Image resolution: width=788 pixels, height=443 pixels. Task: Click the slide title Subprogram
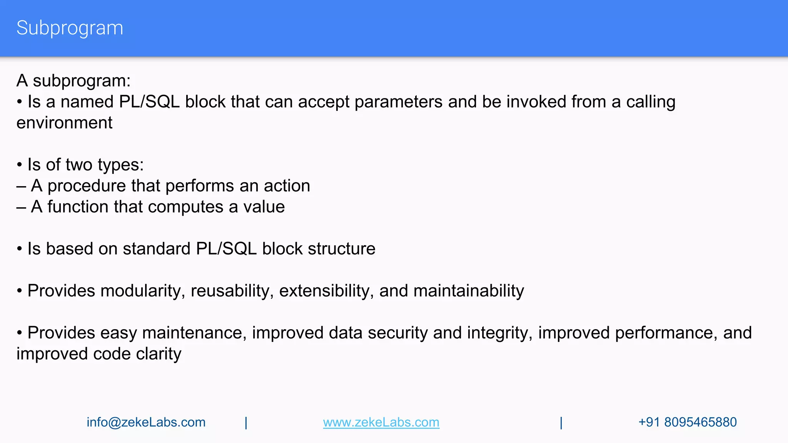(x=70, y=28)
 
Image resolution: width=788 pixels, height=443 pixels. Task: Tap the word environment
(x=64, y=123)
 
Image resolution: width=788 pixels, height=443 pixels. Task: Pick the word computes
(x=185, y=207)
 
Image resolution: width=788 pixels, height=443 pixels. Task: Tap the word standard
(x=157, y=249)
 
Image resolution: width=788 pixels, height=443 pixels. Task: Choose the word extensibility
(x=326, y=291)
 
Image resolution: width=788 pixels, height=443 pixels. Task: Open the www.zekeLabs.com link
(x=381, y=422)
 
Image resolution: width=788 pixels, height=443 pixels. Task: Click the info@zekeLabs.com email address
(x=146, y=422)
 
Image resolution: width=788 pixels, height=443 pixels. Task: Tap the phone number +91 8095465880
(x=687, y=422)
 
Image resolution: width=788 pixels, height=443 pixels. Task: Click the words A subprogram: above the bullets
(x=73, y=81)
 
